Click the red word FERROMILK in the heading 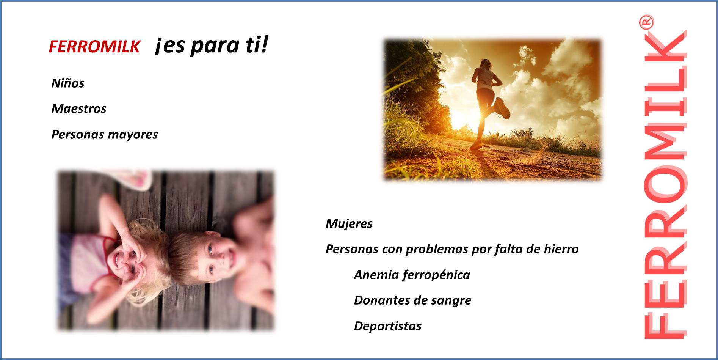[x=94, y=47]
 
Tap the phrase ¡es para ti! [x=212, y=45]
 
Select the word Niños [x=68, y=83]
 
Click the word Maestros [x=79, y=108]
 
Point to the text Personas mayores [x=105, y=134]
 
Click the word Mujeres [x=349, y=223]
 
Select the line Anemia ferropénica [x=412, y=275]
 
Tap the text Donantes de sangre [x=413, y=300]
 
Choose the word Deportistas [x=388, y=326]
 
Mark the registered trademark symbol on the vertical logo [x=646, y=22]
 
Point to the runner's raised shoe [x=502, y=108]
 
